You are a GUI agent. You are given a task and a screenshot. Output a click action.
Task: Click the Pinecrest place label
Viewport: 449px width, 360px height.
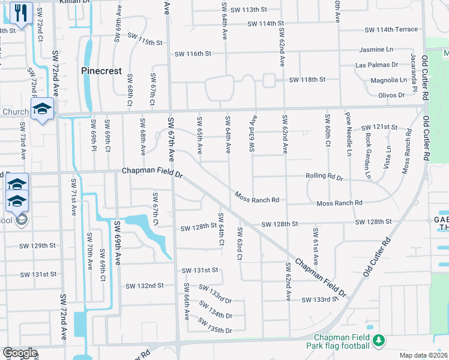click(101, 71)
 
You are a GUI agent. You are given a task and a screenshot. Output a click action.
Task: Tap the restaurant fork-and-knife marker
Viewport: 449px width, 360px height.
click(21, 13)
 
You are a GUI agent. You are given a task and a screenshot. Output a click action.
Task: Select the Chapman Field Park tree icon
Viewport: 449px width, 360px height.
click(378, 341)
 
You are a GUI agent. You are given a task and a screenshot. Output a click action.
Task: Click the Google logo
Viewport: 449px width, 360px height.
click(19, 353)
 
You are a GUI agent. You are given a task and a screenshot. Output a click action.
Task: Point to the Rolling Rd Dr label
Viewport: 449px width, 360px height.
click(324, 178)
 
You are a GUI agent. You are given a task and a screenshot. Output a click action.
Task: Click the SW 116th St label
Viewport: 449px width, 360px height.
click(193, 54)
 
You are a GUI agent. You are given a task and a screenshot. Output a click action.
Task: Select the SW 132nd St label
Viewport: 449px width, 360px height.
click(145, 286)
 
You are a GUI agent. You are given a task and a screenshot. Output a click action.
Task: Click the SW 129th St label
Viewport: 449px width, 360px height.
click(37, 246)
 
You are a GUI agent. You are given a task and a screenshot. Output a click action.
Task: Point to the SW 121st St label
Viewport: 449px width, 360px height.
click(379, 127)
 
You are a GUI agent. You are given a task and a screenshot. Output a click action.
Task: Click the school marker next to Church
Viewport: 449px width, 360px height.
click(43, 110)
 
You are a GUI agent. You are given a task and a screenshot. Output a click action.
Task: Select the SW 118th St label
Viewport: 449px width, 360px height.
click(307, 80)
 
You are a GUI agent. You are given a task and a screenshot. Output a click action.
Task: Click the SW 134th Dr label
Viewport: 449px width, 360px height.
click(215, 315)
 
